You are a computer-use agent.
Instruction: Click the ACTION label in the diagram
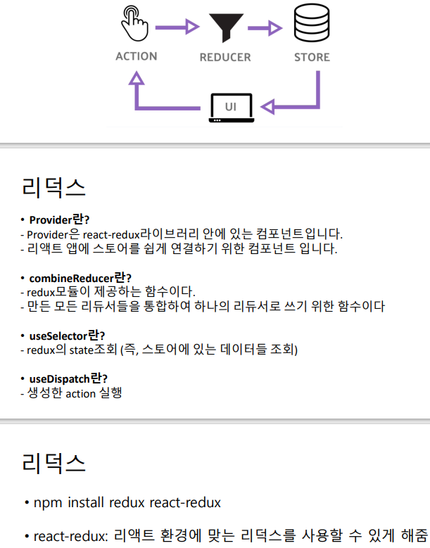136,56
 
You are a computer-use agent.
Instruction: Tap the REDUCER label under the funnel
225,57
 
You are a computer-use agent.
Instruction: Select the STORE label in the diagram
312,57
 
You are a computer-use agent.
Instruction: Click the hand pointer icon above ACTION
136,23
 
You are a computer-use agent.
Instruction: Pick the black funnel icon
225,27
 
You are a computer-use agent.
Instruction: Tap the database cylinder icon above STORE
311,23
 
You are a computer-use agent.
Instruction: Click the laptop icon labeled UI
230,108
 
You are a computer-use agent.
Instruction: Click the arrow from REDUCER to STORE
270,27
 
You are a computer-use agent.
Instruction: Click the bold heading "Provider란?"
59,219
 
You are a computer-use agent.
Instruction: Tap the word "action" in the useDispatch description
80,393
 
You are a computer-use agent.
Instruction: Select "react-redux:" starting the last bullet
69,535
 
